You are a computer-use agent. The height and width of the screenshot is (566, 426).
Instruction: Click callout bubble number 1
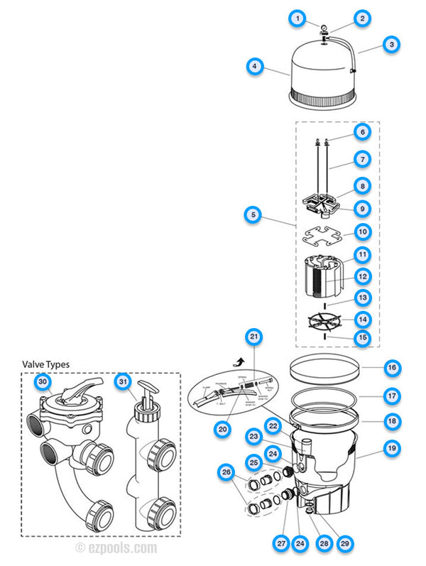(x=298, y=18)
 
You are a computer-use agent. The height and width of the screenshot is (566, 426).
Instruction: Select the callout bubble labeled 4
(x=253, y=68)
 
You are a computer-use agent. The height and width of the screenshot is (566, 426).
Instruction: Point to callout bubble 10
(x=363, y=231)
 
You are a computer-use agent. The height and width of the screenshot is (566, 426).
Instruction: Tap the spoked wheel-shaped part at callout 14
(x=322, y=319)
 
